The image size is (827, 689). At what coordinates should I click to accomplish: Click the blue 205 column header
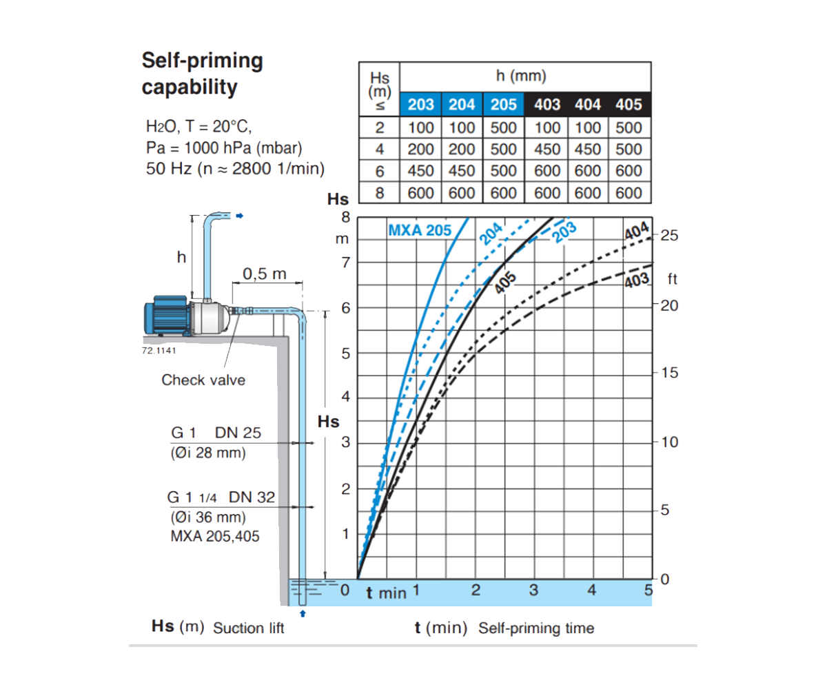(x=503, y=105)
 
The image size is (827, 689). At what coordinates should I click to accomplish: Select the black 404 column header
(x=588, y=105)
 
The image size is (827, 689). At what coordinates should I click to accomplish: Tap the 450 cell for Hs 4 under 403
(x=547, y=150)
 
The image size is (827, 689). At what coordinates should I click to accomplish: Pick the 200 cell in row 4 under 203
(x=420, y=150)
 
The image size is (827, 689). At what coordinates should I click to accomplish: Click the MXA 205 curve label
(x=420, y=230)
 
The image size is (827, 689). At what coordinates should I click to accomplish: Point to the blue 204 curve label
(x=491, y=234)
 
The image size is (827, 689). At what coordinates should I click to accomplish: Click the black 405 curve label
(x=505, y=282)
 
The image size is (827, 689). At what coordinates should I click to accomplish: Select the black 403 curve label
(x=637, y=280)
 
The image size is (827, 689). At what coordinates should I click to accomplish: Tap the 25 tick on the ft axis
(x=669, y=236)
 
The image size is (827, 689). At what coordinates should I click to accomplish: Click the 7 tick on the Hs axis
(x=346, y=263)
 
